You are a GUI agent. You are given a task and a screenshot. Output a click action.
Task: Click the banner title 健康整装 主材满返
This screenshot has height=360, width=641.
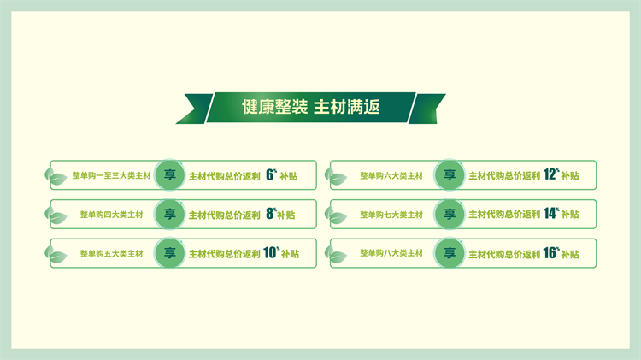311,107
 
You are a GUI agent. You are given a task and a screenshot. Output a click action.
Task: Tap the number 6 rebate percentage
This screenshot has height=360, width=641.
270,174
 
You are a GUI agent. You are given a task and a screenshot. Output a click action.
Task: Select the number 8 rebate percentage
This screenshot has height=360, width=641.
270,214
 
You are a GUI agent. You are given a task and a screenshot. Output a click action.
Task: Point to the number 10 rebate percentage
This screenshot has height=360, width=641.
270,252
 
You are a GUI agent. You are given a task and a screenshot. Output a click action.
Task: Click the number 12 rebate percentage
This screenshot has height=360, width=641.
550,174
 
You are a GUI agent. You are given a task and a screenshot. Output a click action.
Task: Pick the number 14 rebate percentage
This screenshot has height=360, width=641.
550,213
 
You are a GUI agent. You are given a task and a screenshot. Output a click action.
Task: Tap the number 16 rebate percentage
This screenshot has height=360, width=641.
550,253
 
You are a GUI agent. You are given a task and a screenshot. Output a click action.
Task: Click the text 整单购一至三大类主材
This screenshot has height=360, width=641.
112,175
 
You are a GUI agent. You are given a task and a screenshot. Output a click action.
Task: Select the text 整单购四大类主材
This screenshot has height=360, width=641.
112,215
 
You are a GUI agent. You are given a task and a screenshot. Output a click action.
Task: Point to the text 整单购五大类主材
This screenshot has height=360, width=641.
112,254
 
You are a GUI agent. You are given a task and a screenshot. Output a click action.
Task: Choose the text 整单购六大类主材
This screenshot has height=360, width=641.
391,175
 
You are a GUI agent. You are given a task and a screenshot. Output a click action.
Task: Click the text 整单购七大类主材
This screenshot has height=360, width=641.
391,215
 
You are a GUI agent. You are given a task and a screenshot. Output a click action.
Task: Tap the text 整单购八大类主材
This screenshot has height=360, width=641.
391,253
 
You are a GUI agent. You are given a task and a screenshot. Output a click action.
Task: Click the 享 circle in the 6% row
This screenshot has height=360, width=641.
170,175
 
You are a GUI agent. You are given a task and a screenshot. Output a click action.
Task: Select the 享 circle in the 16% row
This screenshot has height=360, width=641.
450,253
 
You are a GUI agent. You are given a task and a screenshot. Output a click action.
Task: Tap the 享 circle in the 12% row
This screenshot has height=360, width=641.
450,175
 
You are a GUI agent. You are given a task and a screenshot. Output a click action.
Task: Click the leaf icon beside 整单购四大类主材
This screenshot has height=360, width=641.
56,215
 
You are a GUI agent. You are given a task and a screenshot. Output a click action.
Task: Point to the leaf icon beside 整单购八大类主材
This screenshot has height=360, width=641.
336,254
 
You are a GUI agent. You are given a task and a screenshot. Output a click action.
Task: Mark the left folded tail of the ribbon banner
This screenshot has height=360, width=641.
195,109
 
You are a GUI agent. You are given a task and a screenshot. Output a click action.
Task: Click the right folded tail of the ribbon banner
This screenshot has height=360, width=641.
426,109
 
